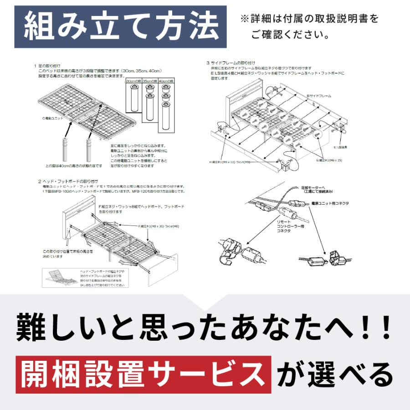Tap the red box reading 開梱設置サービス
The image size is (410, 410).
(x=143, y=375)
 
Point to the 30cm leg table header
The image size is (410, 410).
(x=133, y=81)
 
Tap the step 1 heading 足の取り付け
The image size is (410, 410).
(x=51, y=66)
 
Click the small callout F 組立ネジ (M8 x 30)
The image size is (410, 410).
(x=159, y=225)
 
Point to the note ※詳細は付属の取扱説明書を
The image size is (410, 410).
(x=309, y=19)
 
